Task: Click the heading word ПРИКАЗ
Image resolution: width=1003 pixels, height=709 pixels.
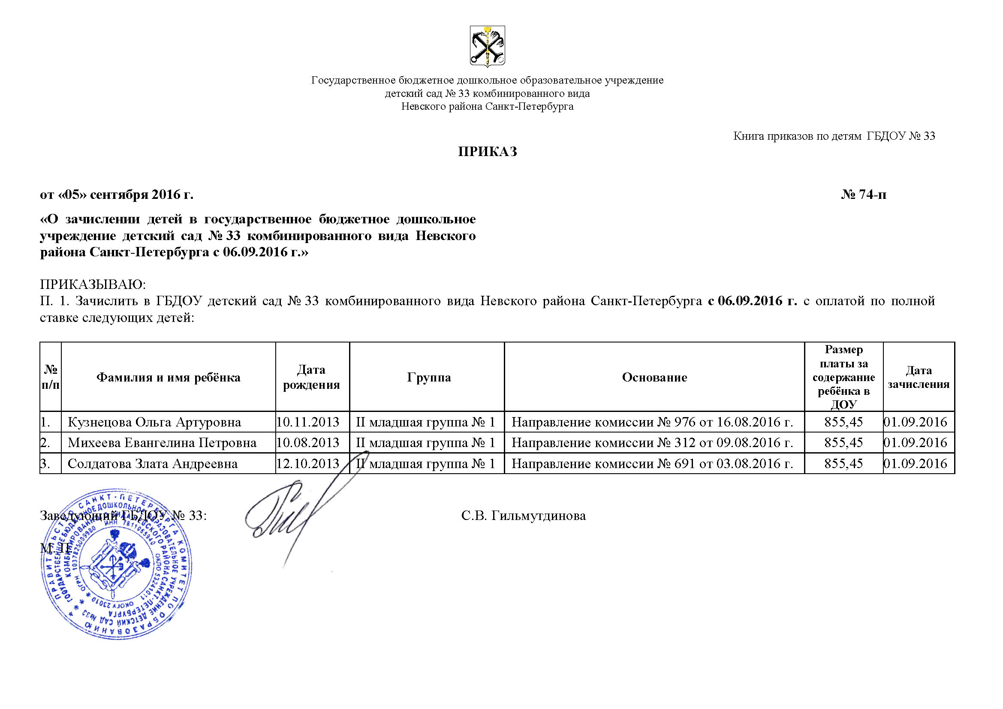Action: (x=487, y=151)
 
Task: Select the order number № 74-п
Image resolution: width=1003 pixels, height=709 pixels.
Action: (x=864, y=195)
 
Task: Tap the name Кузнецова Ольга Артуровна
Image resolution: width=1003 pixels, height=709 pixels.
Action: (x=154, y=422)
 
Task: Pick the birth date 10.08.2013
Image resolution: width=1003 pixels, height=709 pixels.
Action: (x=308, y=443)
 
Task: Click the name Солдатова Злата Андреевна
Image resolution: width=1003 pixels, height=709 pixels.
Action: (x=153, y=463)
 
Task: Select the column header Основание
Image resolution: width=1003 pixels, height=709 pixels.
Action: (x=654, y=377)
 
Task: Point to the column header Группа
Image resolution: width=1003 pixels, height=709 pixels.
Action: (x=428, y=377)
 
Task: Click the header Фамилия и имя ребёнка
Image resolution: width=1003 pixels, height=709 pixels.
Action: (x=168, y=377)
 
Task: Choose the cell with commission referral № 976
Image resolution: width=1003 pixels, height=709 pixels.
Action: (x=652, y=422)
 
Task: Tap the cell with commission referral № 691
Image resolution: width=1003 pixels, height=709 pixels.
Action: (x=652, y=463)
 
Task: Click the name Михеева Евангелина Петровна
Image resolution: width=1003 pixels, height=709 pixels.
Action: (x=162, y=443)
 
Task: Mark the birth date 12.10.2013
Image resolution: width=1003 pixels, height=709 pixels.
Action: (x=308, y=463)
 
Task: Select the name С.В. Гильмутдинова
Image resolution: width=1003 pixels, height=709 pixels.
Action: (x=523, y=516)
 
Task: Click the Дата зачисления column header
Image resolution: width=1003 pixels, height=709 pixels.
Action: (x=918, y=377)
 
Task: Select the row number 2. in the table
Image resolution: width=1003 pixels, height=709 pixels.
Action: (x=45, y=443)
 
